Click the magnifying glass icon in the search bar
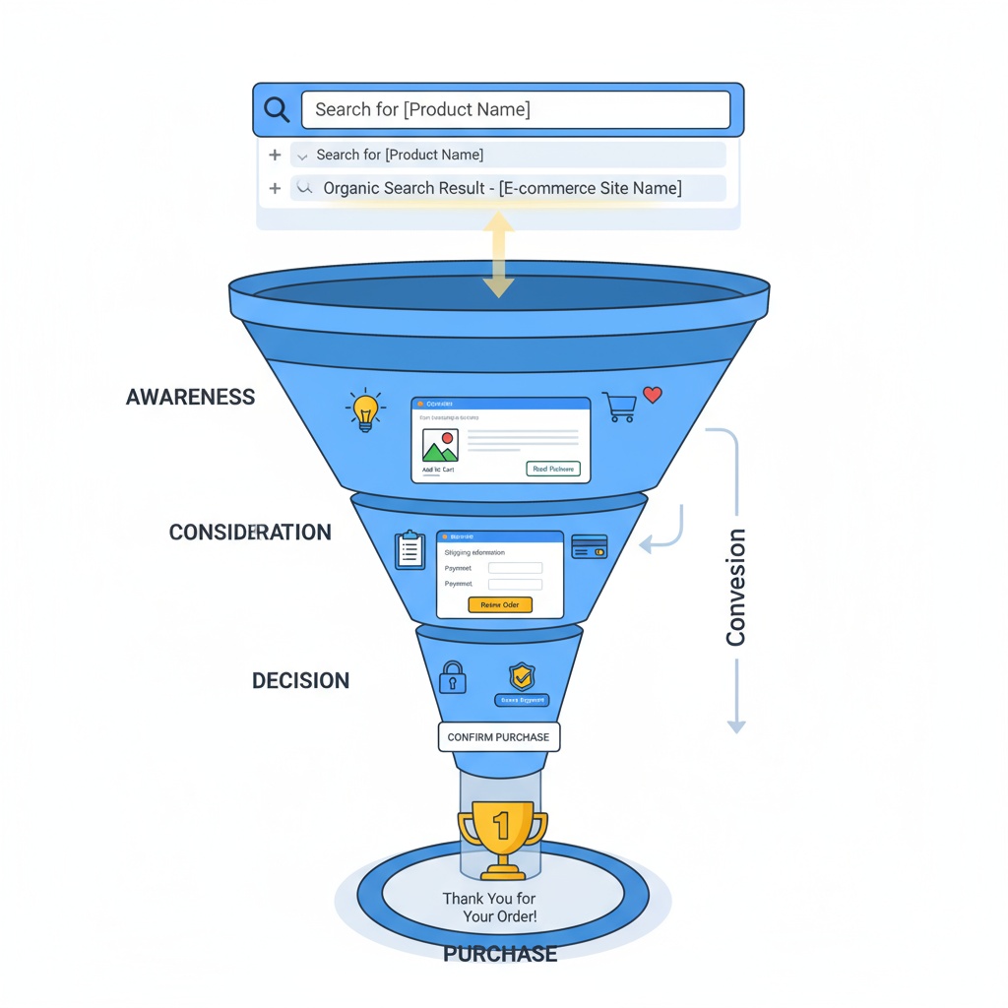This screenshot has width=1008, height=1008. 277,109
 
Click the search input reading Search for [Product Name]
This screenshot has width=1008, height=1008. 515,109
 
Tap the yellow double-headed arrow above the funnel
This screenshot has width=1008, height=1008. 498,255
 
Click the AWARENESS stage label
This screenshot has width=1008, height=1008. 190,398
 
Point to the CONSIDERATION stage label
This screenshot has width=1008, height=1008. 250,533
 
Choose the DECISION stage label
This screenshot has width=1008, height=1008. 300,680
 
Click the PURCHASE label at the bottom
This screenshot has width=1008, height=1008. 500,953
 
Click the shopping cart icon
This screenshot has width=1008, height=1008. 619,407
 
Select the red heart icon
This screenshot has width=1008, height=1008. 652,395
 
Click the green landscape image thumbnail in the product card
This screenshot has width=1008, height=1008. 440,445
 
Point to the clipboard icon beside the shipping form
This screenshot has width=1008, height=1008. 409,550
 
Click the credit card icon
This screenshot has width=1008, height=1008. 589,546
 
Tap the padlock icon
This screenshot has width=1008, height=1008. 452,676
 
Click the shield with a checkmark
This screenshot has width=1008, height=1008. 521,676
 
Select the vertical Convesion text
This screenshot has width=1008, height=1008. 735,587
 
